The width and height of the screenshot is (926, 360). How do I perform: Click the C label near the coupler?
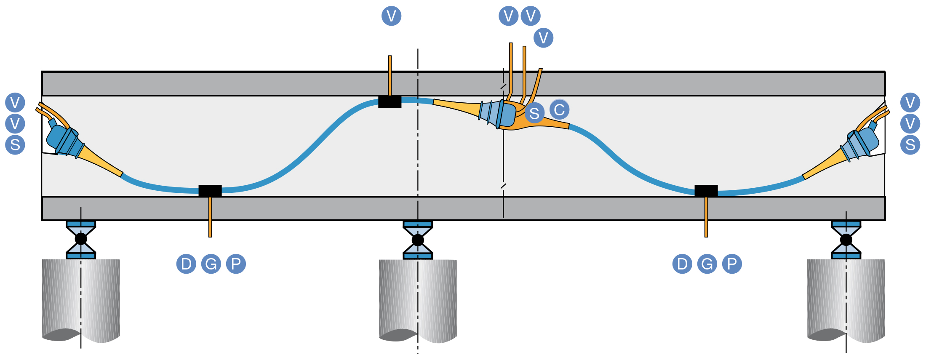559,109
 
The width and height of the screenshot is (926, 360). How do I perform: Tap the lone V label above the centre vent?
391,16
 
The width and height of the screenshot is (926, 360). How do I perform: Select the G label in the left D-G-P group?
211,264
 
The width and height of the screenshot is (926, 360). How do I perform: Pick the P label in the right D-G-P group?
732,264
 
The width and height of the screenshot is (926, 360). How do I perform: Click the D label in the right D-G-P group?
682,264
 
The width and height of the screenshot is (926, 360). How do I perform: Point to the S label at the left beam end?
15,145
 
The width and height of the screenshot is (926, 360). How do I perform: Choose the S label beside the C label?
534,113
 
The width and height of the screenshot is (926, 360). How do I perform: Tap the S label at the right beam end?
910,145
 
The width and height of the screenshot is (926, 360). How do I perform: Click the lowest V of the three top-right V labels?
543,38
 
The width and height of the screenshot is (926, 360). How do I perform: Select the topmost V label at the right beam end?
910,102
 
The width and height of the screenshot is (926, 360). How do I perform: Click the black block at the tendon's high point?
390,101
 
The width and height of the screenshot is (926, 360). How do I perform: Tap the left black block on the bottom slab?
210,191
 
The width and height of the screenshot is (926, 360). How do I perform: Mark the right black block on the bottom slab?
706,191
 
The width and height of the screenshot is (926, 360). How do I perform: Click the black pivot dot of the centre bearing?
418,240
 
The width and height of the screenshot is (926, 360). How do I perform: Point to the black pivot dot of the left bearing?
81,239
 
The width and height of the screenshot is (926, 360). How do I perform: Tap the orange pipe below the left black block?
210,217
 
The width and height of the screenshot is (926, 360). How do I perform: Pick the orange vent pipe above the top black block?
390,76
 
